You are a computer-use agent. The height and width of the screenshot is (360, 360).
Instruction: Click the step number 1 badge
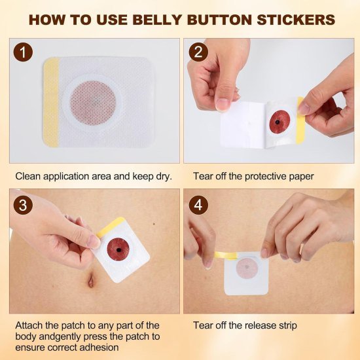[24, 52]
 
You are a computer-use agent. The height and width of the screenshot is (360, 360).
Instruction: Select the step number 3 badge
[24, 204]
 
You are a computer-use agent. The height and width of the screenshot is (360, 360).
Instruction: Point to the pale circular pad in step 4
[247, 268]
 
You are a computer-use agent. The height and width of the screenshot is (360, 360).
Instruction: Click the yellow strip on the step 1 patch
[51, 99]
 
